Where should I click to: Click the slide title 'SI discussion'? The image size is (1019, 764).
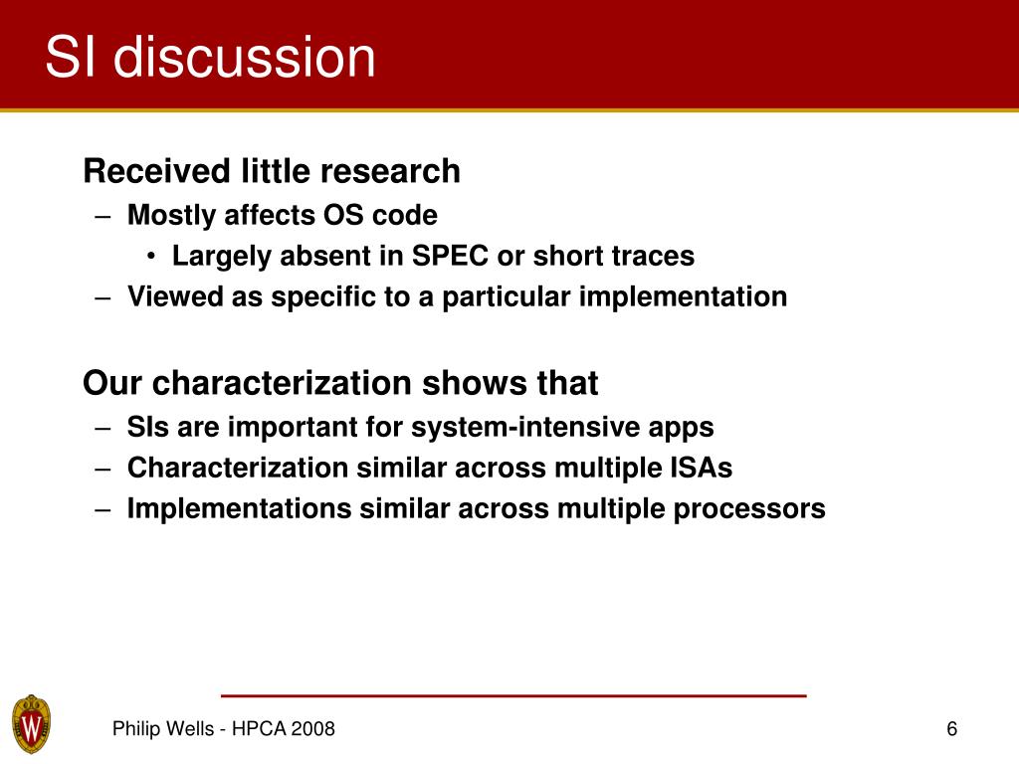211,57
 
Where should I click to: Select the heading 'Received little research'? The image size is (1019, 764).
272,171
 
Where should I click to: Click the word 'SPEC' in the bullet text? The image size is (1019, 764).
450,256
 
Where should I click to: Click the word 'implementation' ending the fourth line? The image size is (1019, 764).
683,297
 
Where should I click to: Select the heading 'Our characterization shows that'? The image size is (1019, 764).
340,383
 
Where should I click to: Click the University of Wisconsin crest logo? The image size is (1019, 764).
31,724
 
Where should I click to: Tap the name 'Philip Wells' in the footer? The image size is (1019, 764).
163,729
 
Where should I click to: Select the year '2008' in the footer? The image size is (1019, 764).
312,729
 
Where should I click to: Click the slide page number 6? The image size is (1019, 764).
952,729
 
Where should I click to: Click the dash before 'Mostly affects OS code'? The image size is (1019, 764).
102,216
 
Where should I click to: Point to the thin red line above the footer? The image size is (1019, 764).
513,695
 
